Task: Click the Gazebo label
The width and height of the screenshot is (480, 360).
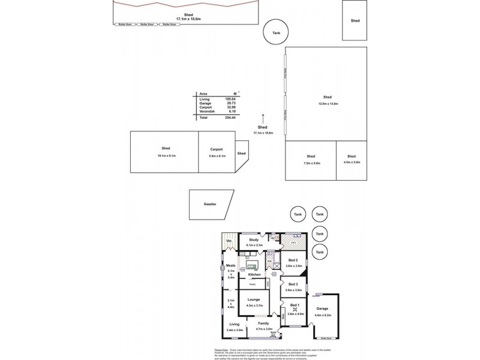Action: click(210, 204)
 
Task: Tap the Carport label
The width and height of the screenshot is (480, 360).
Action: click(217, 149)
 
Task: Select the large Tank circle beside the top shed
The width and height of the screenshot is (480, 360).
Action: click(276, 34)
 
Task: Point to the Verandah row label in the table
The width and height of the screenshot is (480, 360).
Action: click(206, 112)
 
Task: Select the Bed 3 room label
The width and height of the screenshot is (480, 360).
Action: click(293, 284)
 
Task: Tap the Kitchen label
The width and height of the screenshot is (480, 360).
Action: click(254, 274)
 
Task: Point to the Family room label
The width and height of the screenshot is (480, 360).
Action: click(264, 323)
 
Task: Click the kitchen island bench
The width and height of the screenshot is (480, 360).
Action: click(251, 266)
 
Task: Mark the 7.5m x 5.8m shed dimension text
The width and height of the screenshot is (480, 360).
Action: click(311, 163)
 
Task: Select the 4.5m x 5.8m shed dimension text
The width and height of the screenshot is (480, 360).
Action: click(352, 163)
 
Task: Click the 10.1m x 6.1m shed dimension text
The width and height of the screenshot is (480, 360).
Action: click(165, 155)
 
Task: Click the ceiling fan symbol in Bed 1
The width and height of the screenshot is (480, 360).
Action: click(294, 310)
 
